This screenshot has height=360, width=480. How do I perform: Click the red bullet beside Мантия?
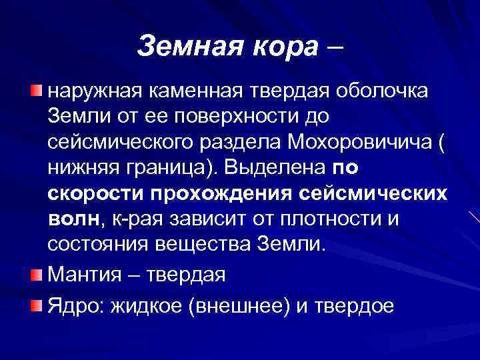(x=36, y=274)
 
